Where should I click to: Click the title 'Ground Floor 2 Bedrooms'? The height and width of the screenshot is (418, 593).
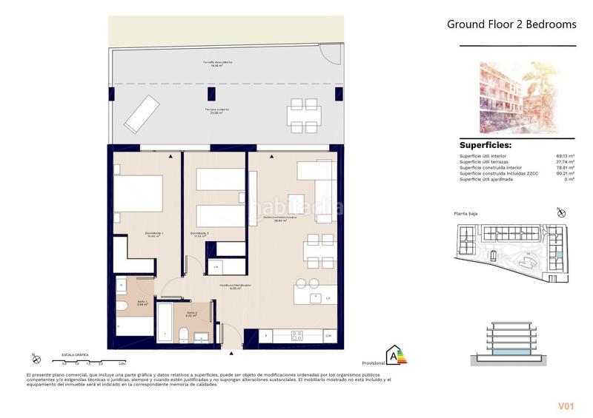(511, 24)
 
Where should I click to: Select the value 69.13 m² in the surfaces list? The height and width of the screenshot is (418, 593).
(565, 156)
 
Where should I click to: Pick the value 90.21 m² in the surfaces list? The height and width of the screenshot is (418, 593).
(565, 173)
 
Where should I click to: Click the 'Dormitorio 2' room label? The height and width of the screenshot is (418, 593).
(199, 234)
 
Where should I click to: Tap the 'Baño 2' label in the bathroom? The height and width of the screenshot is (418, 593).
(191, 314)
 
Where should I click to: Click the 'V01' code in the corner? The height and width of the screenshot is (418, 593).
(567, 406)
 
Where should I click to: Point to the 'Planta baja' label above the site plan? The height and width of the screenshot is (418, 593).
(466, 214)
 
